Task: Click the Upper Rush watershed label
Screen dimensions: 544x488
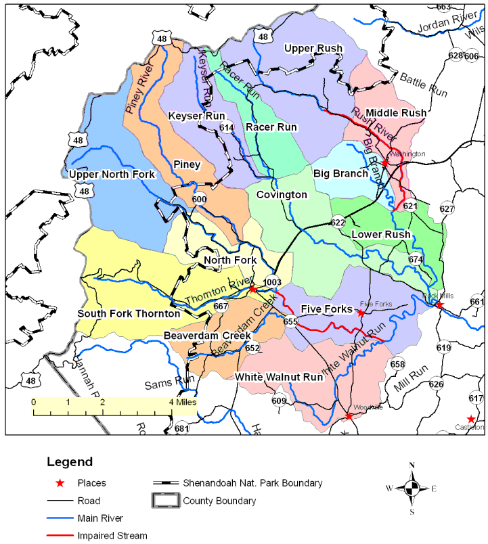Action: [313, 49]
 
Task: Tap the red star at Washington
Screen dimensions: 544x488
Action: [384, 163]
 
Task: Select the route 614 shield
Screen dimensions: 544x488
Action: [227, 128]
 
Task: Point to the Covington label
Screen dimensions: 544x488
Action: [282, 195]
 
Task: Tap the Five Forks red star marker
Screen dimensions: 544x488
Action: [361, 313]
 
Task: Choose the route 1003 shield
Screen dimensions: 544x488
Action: [272, 282]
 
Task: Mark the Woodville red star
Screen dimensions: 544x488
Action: [349, 416]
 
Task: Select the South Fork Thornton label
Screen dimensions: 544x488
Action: [129, 313]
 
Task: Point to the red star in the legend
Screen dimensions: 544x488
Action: [60, 483]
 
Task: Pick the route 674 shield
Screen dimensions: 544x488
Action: [416, 259]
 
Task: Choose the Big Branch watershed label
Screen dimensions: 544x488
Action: [340, 173]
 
